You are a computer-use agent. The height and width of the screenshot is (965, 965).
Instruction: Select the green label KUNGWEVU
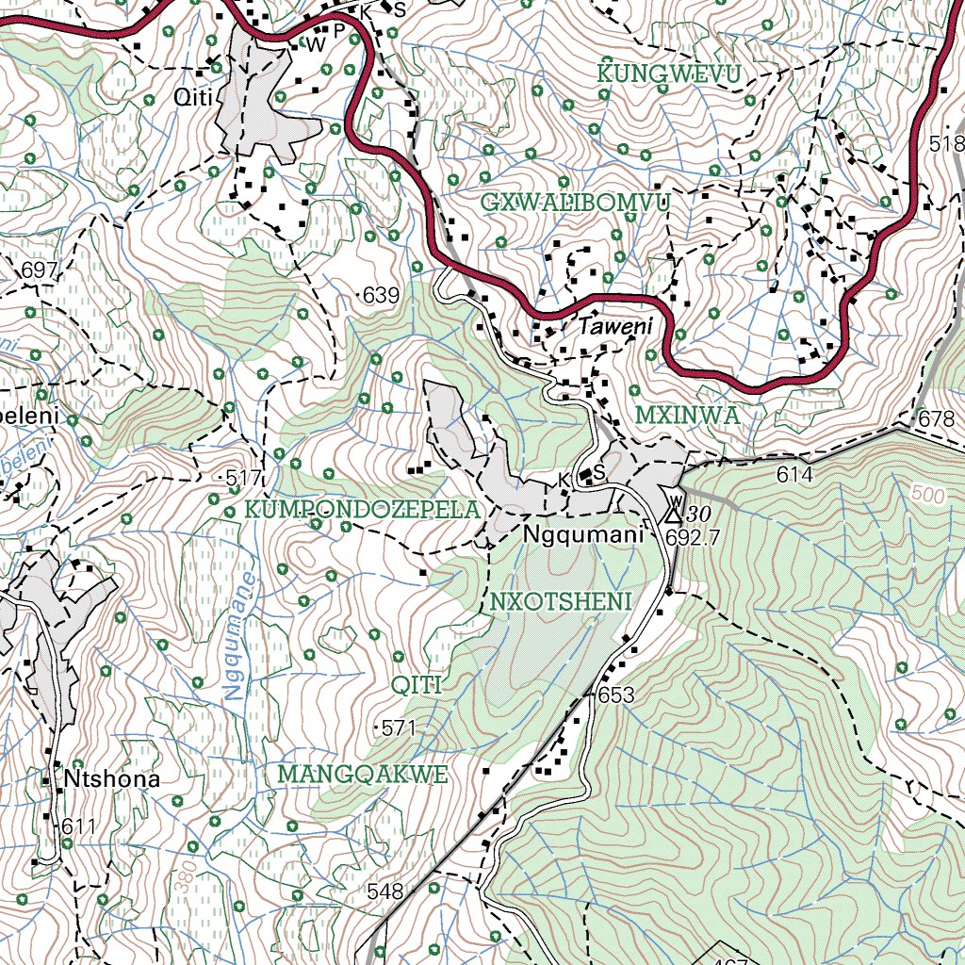click(x=669, y=73)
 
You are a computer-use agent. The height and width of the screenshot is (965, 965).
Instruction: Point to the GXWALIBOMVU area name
click(x=575, y=203)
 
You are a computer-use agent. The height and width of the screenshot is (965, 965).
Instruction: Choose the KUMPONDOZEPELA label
click(x=363, y=510)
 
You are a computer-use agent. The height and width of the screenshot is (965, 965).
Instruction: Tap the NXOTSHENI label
click(x=560, y=601)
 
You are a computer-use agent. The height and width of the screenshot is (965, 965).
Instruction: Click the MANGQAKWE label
click(x=362, y=775)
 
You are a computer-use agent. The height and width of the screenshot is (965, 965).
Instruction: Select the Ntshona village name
click(x=112, y=779)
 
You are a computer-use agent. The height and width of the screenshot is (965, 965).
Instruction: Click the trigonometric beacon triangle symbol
click(x=673, y=514)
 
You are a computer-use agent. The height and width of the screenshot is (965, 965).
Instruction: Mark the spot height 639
click(x=381, y=295)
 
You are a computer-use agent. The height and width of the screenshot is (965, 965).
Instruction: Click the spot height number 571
click(x=399, y=728)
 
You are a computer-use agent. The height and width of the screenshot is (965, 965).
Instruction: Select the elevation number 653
click(x=615, y=695)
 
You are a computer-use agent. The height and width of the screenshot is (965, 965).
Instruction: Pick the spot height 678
click(x=936, y=419)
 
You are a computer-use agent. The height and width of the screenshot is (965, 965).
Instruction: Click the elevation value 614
click(x=794, y=476)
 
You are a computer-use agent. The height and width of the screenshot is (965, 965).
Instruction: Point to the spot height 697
click(x=40, y=271)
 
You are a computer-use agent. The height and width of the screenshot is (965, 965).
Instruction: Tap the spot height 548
click(x=384, y=891)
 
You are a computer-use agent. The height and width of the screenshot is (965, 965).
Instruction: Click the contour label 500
click(x=927, y=494)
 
